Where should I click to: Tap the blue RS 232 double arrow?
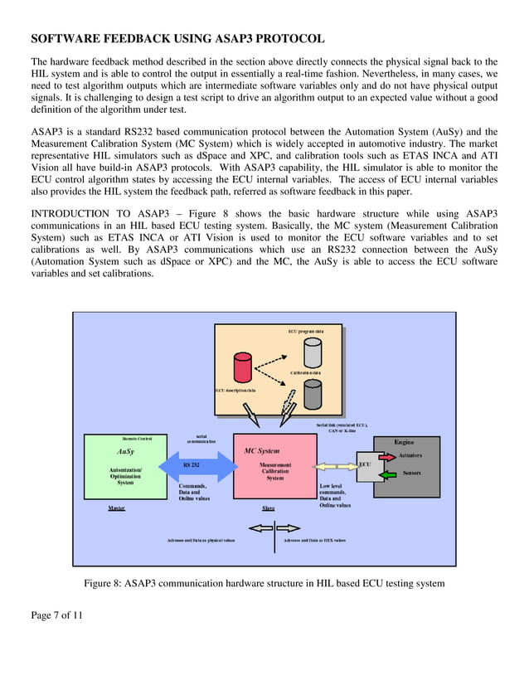pos(192,466)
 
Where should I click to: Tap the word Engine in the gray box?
pos(404,442)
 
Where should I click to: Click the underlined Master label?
pos(117,508)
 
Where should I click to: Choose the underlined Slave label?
pos(269,508)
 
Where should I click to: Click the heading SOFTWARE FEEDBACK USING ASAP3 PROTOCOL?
pos(177,39)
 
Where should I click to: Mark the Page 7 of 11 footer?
pos(57,615)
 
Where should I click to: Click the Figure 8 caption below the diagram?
pos(264,583)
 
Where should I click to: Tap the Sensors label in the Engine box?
pos(411,474)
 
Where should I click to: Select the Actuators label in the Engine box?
pos(410,455)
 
